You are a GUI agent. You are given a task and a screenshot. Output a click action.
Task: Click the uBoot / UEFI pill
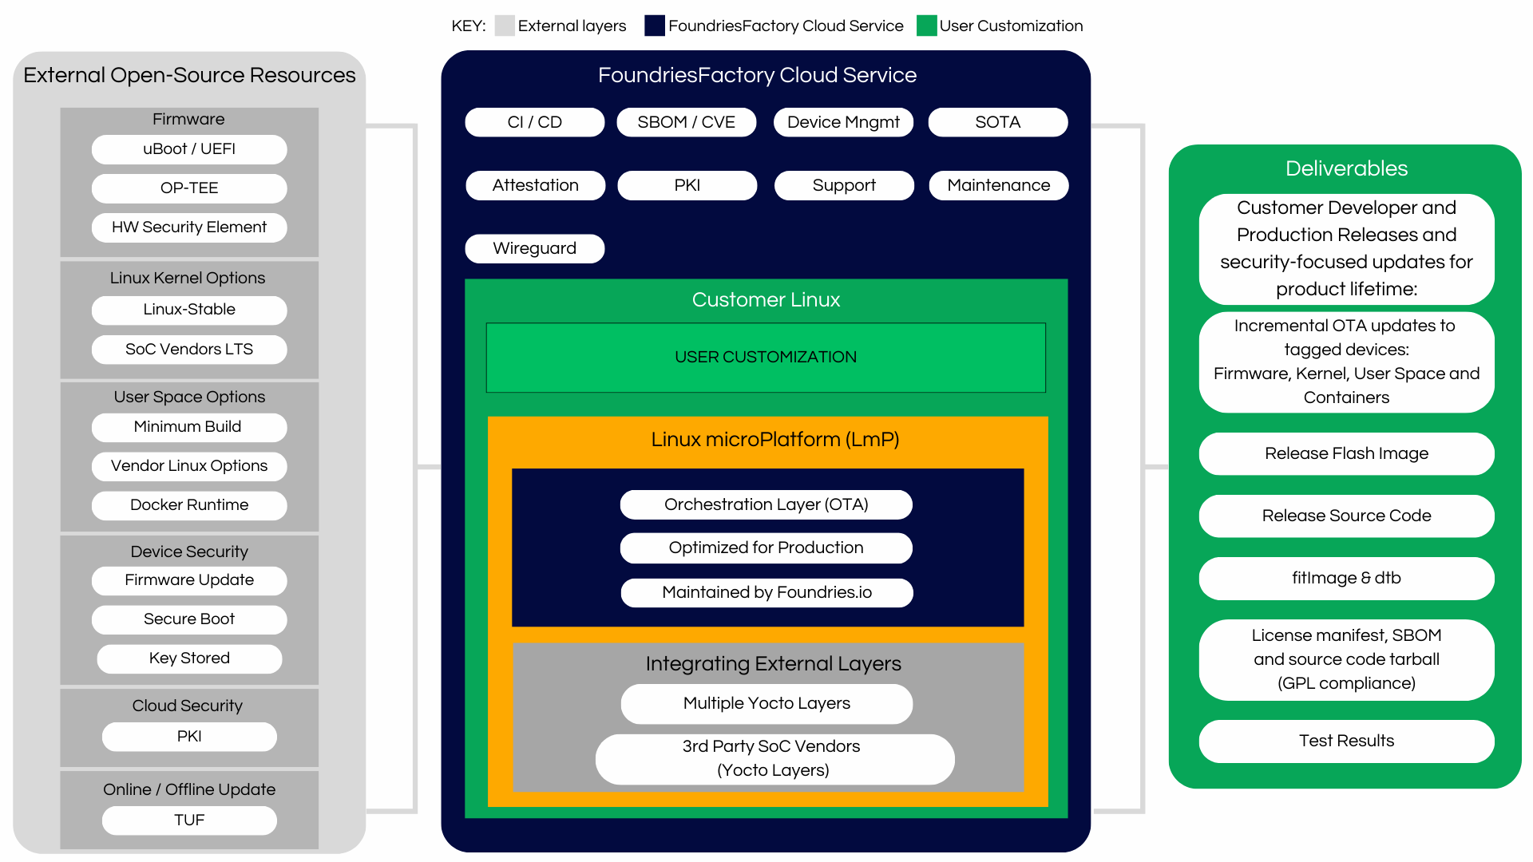pyautogui.click(x=189, y=149)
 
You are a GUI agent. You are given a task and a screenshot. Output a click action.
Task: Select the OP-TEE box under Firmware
pyautogui.click(x=189, y=188)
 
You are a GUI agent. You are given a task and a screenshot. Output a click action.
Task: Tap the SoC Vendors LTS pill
pyautogui.click(x=189, y=350)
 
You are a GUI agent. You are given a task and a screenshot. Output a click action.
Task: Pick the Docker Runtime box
pyautogui.click(x=189, y=505)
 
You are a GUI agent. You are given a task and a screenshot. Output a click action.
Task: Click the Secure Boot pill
pyautogui.click(x=189, y=619)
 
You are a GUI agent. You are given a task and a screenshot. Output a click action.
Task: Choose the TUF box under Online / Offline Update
pyautogui.click(x=189, y=820)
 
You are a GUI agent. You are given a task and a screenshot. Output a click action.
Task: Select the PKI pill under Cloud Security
pyautogui.click(x=189, y=737)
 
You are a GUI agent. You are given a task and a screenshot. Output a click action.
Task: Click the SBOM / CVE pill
pyautogui.click(x=686, y=122)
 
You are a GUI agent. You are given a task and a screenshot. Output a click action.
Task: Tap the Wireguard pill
pyautogui.click(x=534, y=248)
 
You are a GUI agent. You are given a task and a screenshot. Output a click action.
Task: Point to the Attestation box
pyautogui.click(x=535, y=185)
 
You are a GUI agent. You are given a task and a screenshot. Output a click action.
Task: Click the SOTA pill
pyautogui.click(x=997, y=122)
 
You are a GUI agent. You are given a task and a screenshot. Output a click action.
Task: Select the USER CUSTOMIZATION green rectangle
pyautogui.click(x=766, y=357)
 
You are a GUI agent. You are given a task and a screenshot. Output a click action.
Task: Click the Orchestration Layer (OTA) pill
pyautogui.click(x=766, y=504)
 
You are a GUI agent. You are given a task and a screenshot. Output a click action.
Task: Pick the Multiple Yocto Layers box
pyautogui.click(x=766, y=703)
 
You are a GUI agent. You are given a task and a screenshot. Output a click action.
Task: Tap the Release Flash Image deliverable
pyautogui.click(x=1346, y=453)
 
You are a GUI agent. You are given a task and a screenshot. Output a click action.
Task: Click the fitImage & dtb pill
pyautogui.click(x=1346, y=578)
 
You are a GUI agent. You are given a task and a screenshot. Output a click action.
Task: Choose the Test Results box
pyautogui.click(x=1346, y=741)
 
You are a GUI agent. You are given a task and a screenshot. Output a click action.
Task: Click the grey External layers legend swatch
pyautogui.click(x=505, y=26)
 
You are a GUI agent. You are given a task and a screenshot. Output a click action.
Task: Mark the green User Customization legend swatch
pyautogui.click(x=926, y=26)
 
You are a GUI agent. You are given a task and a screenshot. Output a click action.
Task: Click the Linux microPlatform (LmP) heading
pyautogui.click(x=774, y=440)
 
